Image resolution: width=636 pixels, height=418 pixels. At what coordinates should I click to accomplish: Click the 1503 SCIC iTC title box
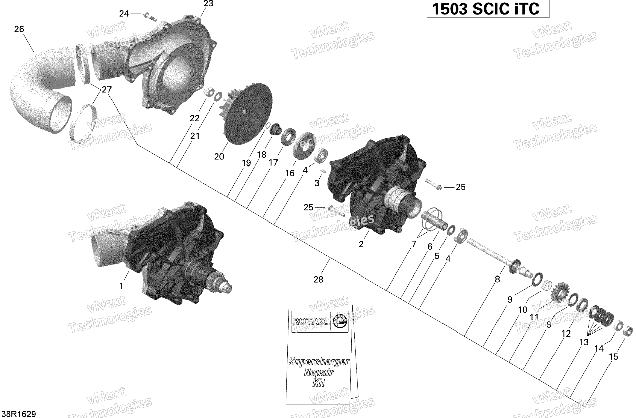coord(488,9)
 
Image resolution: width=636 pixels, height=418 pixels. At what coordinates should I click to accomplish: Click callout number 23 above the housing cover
coord(208,4)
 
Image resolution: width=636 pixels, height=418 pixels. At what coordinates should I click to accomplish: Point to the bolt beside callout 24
coord(150,16)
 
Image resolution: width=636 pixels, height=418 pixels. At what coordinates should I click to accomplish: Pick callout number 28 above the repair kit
coord(318,280)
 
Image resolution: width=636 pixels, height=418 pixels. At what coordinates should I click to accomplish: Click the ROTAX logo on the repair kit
coord(310,321)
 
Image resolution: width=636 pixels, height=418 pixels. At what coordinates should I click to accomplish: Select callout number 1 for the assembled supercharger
coord(121,286)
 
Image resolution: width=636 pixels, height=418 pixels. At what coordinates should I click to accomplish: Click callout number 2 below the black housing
coord(361,244)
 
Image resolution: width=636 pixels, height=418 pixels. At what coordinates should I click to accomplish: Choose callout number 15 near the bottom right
coord(613,357)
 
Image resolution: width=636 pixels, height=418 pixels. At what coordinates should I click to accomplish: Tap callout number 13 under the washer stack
coord(584,342)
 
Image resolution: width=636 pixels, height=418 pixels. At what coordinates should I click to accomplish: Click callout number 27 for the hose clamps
coord(107,90)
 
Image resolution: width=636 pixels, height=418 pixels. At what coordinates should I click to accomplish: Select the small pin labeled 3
coord(323,171)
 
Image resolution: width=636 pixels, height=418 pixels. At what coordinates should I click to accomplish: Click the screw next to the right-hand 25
coord(433,184)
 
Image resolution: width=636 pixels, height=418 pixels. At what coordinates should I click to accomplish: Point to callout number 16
coord(290,173)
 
